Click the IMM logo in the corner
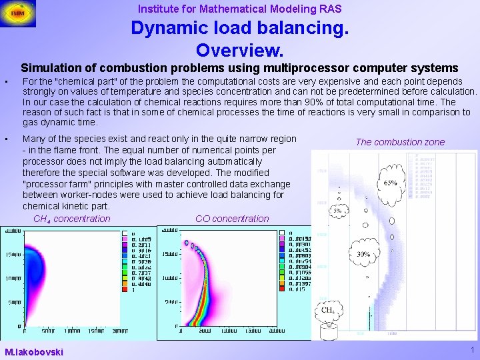(x=19, y=13)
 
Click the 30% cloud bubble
(x=363, y=255)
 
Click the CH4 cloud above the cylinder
(x=329, y=309)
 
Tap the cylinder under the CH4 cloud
(x=328, y=331)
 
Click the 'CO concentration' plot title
(x=232, y=219)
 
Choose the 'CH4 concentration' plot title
(x=71, y=219)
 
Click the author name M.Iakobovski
(x=33, y=351)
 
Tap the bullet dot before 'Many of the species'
(x=5, y=139)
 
